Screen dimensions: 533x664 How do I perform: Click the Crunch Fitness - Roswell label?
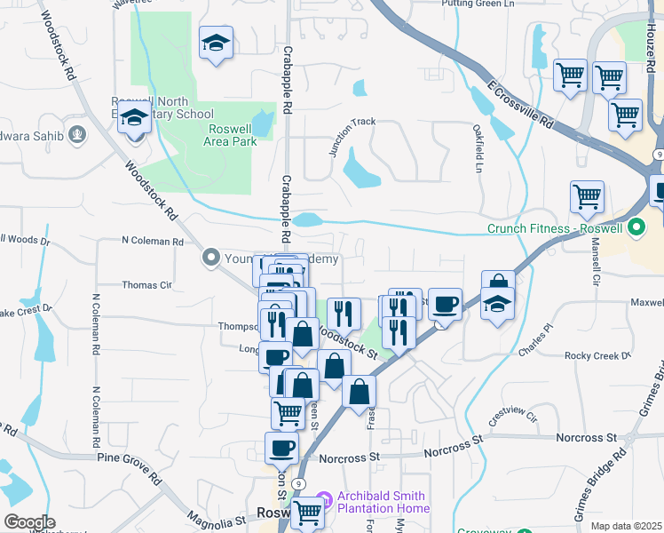click(x=556, y=228)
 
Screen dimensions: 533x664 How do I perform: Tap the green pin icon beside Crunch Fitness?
click(x=636, y=228)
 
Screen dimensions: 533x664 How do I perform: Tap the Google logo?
click(x=29, y=522)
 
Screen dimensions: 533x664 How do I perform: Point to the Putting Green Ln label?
click(x=478, y=4)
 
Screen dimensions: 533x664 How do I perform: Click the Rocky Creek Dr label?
click(x=597, y=355)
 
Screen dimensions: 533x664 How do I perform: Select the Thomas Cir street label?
click(x=146, y=285)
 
